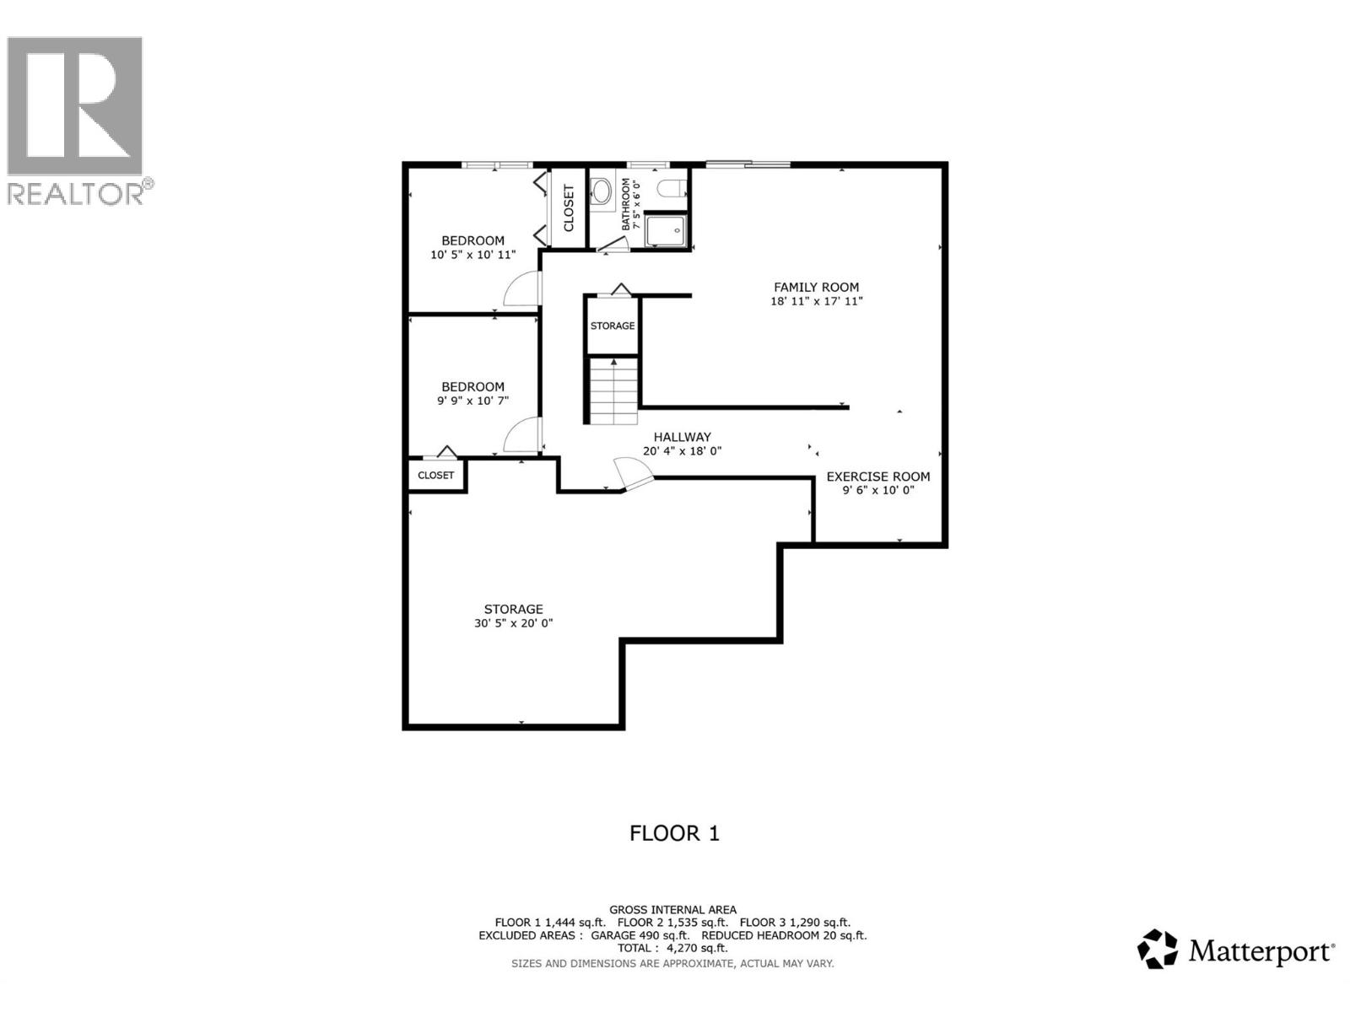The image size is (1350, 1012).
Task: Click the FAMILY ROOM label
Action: pyautogui.click(x=816, y=287)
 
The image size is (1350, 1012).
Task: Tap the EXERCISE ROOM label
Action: pyautogui.click(x=877, y=476)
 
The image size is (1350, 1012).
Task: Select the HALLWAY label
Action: pyautogui.click(x=682, y=437)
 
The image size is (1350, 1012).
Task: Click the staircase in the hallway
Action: pyautogui.click(x=613, y=391)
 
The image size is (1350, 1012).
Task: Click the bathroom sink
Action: pyautogui.click(x=602, y=191)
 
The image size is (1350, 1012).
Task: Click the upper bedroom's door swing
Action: pyautogui.click(x=521, y=289)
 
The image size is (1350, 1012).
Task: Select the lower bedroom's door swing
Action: pyautogui.click(x=521, y=436)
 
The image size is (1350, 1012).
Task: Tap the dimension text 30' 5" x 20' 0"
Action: pyautogui.click(x=513, y=623)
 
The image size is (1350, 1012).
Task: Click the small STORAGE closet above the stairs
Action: pyautogui.click(x=613, y=326)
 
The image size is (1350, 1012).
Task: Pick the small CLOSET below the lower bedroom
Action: pyautogui.click(x=436, y=476)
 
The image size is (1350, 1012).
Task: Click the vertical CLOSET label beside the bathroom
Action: pyautogui.click(x=569, y=208)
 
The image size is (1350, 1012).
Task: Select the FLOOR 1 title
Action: pyautogui.click(x=674, y=833)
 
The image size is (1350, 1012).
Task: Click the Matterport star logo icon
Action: pyautogui.click(x=1157, y=949)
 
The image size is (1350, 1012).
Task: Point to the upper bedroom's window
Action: pyautogui.click(x=497, y=164)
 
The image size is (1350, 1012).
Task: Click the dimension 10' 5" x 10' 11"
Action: pyautogui.click(x=472, y=254)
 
